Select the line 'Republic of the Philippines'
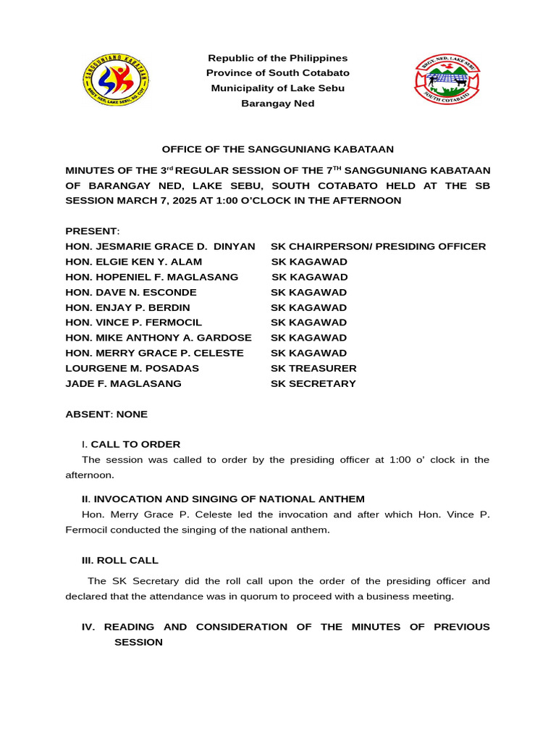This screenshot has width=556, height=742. tap(278, 58)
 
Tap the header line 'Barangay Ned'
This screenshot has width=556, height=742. tap(278, 104)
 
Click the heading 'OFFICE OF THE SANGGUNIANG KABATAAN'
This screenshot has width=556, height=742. tap(278, 149)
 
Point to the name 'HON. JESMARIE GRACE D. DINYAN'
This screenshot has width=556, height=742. tap(160, 246)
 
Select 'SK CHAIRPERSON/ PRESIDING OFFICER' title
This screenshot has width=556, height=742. tap(378, 246)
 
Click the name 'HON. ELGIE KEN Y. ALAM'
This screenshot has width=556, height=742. tap(134, 262)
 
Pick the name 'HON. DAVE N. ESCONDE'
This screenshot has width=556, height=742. tap(131, 292)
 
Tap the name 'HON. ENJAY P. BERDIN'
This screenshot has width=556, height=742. tap(127, 307)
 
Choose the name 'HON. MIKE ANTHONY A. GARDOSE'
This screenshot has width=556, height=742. tap(159, 338)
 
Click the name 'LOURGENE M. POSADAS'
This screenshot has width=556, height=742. tap(132, 368)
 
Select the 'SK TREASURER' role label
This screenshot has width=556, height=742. tap(313, 368)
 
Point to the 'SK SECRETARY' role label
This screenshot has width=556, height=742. tap(313, 383)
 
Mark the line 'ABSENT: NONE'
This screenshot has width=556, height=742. tap(106, 414)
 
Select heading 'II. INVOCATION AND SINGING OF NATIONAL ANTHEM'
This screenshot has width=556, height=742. tap(223, 499)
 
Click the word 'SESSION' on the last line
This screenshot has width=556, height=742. tap(138, 642)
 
